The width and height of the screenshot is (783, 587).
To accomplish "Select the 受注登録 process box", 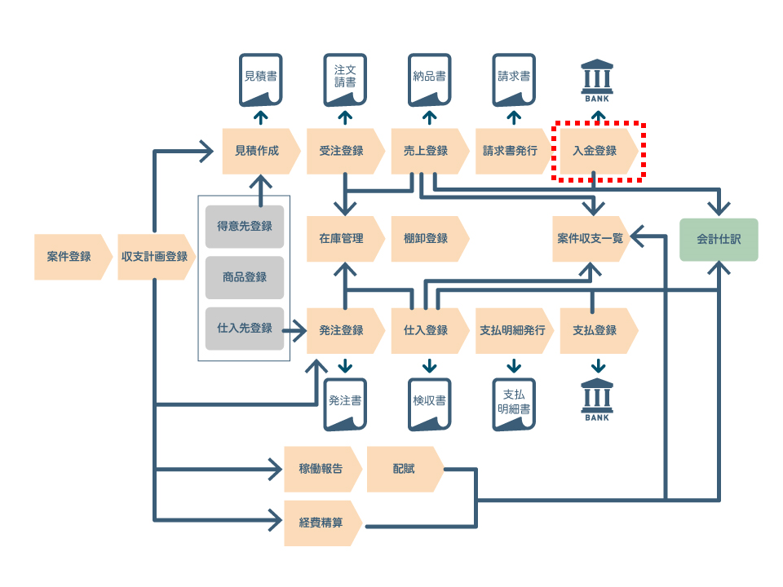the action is [x=345, y=151].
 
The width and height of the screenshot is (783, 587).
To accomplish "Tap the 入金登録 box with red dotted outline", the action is [x=598, y=151].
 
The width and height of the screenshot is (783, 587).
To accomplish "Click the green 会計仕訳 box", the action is [x=719, y=240].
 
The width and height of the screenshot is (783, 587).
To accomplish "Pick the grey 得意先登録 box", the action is [x=245, y=227].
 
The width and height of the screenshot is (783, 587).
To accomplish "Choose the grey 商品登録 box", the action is [x=245, y=277].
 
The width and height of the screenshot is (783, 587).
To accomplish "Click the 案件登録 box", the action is [x=73, y=257].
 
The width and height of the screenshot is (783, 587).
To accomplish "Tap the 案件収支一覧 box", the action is [x=591, y=239].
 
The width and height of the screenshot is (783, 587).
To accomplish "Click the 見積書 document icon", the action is [x=261, y=80].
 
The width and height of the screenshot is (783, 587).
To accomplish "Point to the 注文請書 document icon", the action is [x=345, y=80].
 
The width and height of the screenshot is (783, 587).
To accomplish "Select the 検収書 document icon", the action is [x=430, y=404].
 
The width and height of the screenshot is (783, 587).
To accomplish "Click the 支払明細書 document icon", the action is [x=514, y=404].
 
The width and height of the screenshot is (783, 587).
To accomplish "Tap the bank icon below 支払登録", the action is [x=597, y=399].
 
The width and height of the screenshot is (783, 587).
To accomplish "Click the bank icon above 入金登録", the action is [x=597, y=81].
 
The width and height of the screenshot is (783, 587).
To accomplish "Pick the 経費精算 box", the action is [x=323, y=523].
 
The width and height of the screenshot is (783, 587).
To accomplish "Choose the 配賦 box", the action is [x=405, y=470].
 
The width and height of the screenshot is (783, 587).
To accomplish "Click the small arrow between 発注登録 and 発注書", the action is [x=345, y=366].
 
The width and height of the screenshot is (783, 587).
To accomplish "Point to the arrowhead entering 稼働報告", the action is [x=276, y=470].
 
